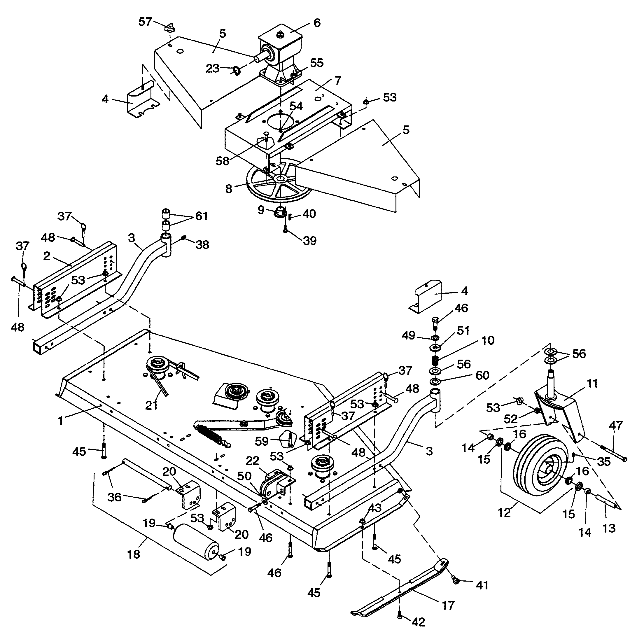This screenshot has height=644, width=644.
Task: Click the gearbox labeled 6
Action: pos(280,53)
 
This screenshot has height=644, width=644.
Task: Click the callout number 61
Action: pos(201,216)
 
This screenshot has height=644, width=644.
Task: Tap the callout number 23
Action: pos(212,68)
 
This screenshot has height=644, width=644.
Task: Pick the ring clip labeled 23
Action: pos(236,70)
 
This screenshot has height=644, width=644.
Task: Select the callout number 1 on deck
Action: pos(60,421)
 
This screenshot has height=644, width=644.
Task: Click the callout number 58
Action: pos(222,161)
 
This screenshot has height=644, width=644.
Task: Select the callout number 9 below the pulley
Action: pos(261,210)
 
